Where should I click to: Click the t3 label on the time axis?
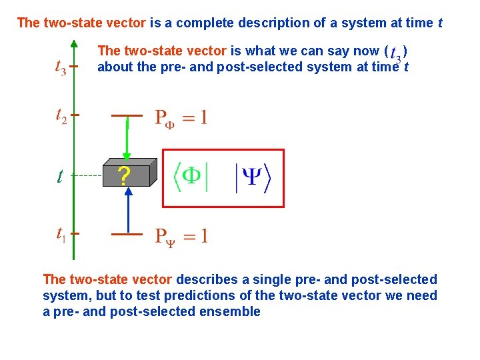(x=60, y=67)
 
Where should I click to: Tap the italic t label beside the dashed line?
(x=60, y=177)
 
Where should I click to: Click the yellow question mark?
(x=123, y=176)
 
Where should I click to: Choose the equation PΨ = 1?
(x=181, y=236)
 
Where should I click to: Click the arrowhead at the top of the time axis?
(x=73, y=43)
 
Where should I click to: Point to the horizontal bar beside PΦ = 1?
(x=127, y=115)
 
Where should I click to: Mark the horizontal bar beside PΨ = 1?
(x=127, y=234)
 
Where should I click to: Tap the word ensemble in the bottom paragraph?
(x=231, y=311)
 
